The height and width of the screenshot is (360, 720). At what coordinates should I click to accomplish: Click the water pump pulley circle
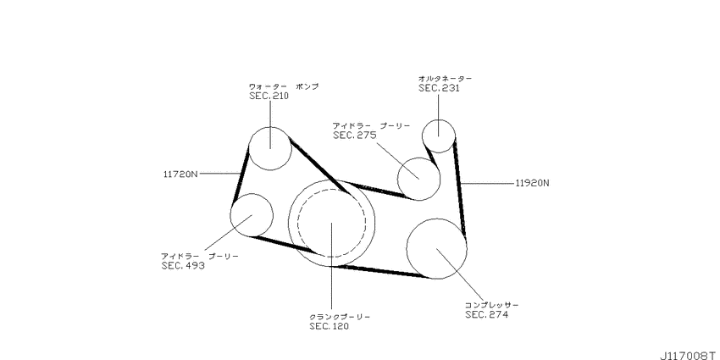(270, 148)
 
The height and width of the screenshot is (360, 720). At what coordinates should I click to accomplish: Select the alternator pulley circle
(439, 134)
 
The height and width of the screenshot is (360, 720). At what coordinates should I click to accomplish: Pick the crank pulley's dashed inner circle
(330, 223)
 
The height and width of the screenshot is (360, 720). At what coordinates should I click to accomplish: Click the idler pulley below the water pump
(252, 214)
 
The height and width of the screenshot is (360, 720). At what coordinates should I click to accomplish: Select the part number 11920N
(532, 182)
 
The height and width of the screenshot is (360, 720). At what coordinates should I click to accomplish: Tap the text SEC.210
(269, 97)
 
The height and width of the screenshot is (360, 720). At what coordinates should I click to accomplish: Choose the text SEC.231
(439, 88)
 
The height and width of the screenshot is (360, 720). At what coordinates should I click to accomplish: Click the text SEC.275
(354, 135)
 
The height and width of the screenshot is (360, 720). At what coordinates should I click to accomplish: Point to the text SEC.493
(183, 265)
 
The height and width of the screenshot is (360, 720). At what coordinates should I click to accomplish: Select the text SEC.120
(329, 326)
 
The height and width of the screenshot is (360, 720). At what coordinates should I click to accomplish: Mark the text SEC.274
(486, 314)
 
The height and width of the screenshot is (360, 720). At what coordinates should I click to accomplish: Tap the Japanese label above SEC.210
(284, 86)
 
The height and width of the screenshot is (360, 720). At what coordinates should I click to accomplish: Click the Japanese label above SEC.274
(491, 304)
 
